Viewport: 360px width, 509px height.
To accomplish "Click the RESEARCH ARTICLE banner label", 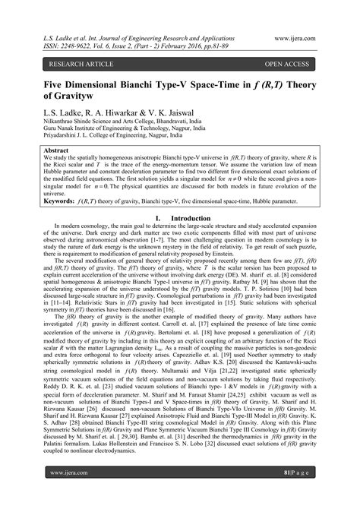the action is pos(65,65).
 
